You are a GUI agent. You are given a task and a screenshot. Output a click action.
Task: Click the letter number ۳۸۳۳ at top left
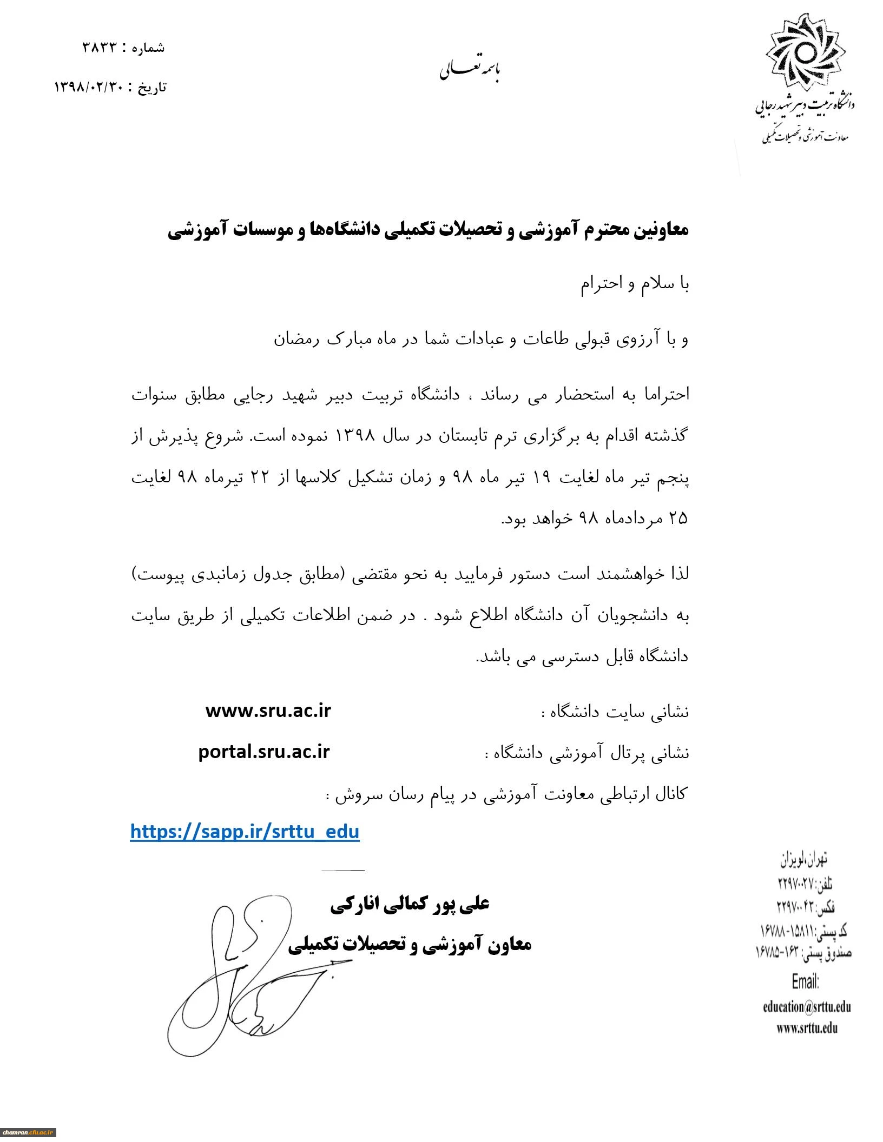100,48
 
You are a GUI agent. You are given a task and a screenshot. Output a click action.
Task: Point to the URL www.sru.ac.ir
268,711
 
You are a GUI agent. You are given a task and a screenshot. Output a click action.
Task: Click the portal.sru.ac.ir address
264,752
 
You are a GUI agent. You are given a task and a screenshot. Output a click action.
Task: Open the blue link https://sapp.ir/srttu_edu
245,831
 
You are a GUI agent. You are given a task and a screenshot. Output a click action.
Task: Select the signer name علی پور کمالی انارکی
410,904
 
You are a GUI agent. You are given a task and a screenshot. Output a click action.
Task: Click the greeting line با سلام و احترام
635,284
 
